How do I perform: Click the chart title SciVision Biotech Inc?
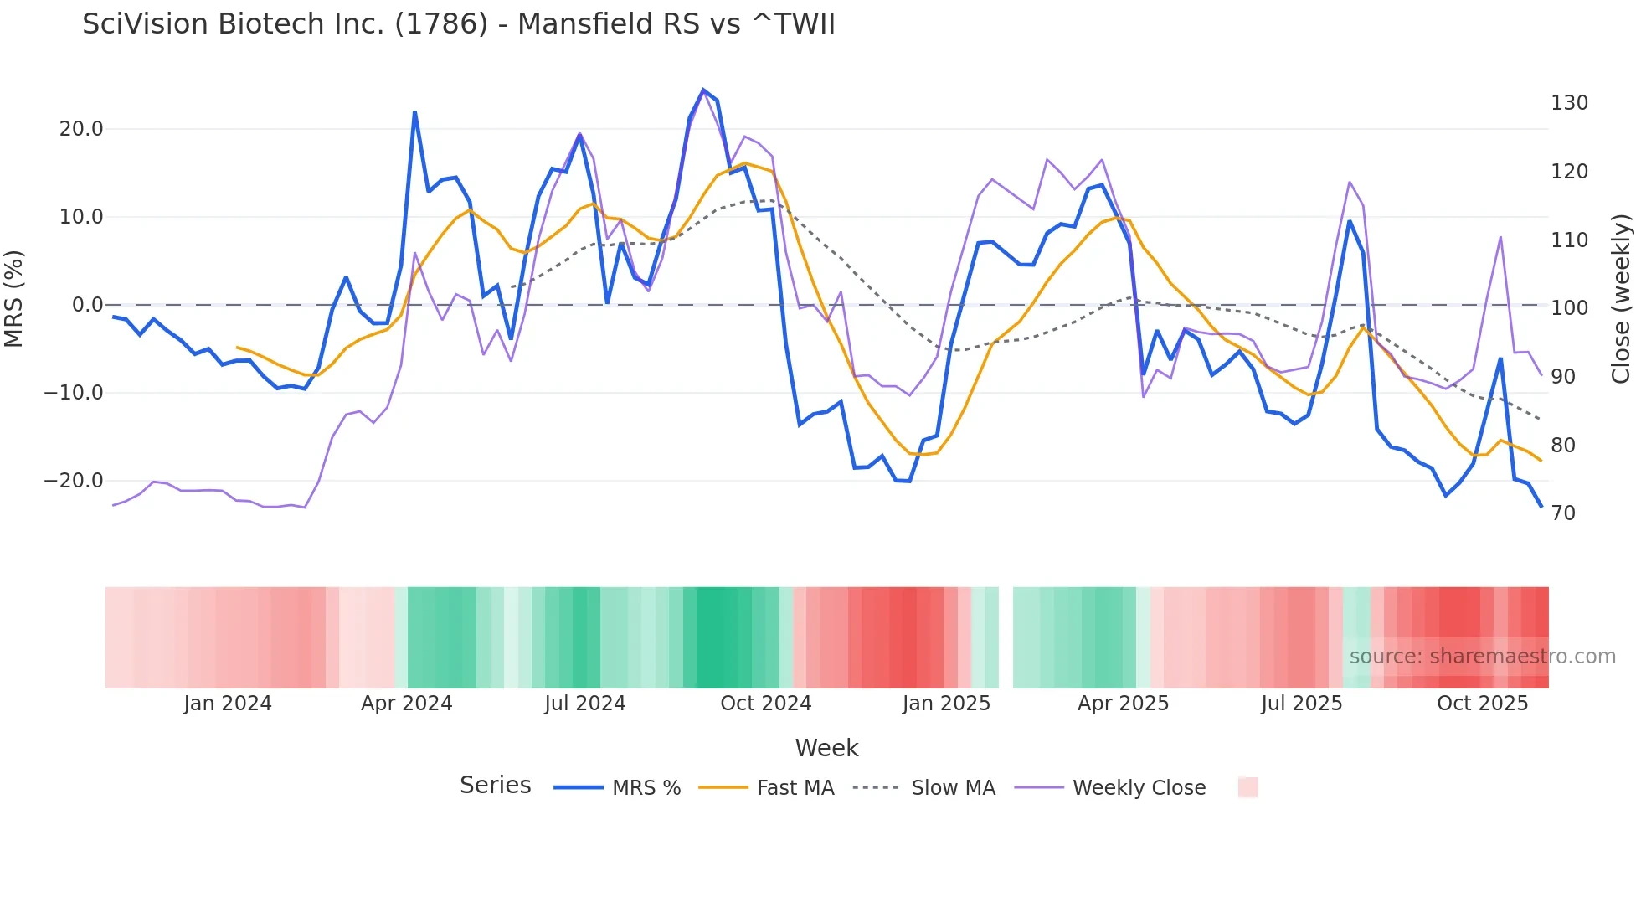click(458, 23)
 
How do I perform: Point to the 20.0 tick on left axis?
click(80, 129)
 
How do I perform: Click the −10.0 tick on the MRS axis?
click(74, 393)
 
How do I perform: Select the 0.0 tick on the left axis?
click(87, 305)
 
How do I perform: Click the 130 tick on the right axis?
click(1569, 103)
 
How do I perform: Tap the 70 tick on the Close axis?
click(1563, 513)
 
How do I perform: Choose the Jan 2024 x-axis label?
click(228, 704)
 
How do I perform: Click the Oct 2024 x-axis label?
click(765, 704)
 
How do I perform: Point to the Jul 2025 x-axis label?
click(1301, 704)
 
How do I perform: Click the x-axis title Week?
click(826, 748)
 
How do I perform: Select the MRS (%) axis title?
click(14, 299)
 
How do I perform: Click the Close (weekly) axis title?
click(1621, 299)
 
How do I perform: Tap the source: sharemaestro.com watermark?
click(1482, 657)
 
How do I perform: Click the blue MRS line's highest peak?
click(703, 90)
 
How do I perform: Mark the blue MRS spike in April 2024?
click(414, 112)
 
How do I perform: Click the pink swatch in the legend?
click(1247, 787)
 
